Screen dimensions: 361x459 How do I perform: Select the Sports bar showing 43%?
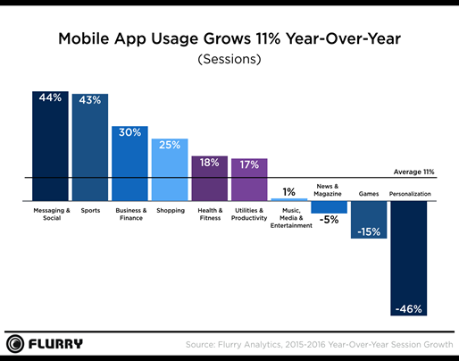tap(89, 147)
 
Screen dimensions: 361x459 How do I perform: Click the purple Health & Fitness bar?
tap(209, 179)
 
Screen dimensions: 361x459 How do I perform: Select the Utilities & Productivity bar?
tap(249, 180)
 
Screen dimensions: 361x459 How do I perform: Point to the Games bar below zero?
tap(368, 220)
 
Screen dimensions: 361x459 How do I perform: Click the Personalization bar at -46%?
tap(408, 259)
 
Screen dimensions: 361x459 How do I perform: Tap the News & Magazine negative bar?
tap(329, 207)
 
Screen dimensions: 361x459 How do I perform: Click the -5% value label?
tap(329, 219)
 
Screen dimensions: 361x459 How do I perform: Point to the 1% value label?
tap(288, 191)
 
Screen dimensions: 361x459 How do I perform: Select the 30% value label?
tap(129, 131)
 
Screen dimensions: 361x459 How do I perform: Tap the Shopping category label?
tap(169, 211)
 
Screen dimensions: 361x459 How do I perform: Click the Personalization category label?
tap(410, 194)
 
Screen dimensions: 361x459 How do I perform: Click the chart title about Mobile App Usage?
tap(229, 40)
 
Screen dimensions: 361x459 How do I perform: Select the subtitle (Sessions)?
tap(229, 61)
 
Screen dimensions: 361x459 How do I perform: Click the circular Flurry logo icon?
tap(15, 343)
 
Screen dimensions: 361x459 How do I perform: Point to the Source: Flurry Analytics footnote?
tap(316, 344)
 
